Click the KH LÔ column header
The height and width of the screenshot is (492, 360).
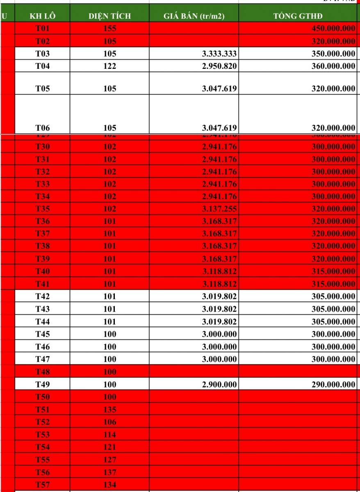pos(42,16)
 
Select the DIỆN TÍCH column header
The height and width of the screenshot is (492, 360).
pos(109,16)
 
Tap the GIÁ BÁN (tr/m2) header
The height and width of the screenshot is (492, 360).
pos(194,16)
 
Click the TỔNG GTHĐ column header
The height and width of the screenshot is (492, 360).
pos(298,16)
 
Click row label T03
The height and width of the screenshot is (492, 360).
pos(42,54)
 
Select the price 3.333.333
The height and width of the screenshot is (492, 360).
pos(219,54)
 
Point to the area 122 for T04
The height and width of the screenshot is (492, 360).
pos(109,66)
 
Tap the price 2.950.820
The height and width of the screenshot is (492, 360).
pos(219,66)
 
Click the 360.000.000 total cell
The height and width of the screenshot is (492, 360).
pos(333,66)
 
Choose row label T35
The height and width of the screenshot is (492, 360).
pos(42,209)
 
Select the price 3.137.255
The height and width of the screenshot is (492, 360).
pos(219,209)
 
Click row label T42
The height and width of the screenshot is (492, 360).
pos(42,296)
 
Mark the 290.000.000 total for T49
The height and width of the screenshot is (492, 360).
pos(333,385)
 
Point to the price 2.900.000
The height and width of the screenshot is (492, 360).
pos(219,385)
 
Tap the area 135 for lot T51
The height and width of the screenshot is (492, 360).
pos(109,410)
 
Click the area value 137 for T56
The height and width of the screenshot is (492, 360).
pos(109,472)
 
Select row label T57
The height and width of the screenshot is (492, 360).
pos(42,485)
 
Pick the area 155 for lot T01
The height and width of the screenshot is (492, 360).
pos(109,29)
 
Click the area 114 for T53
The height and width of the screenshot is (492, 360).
pos(109,435)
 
